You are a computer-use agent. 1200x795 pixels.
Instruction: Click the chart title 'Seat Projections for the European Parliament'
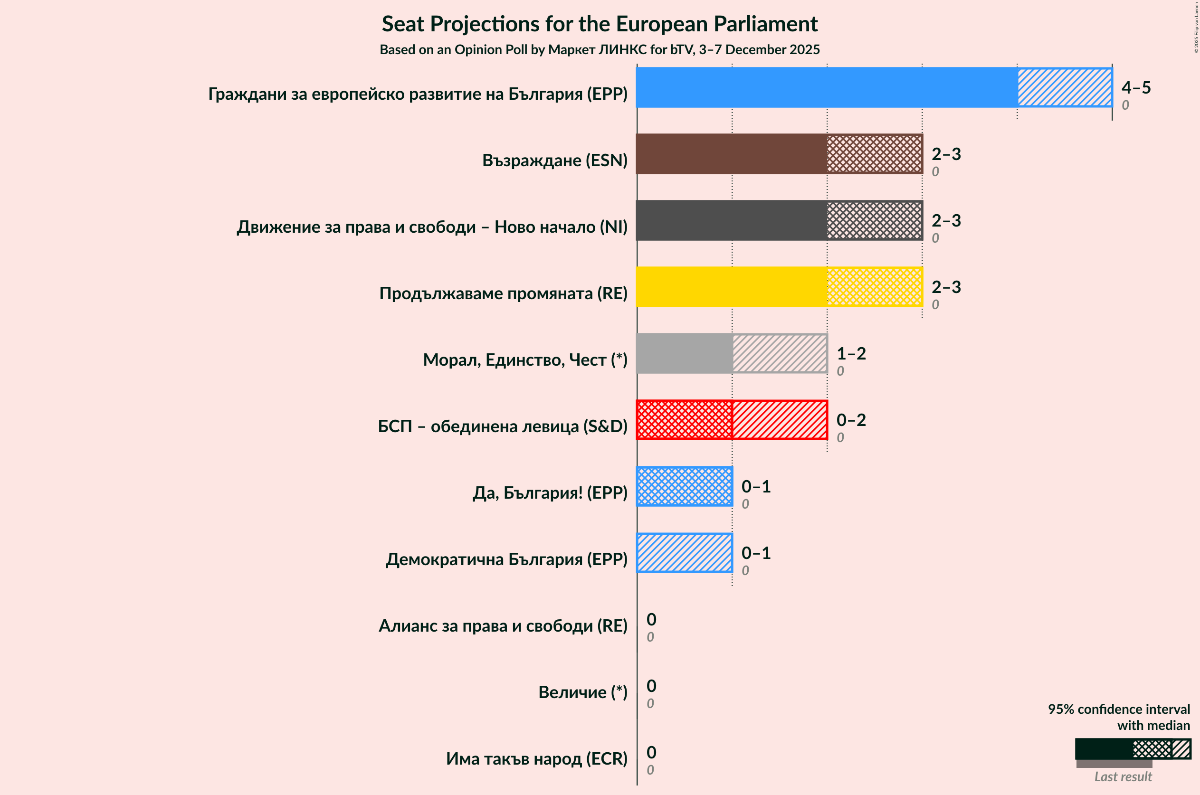pos(600,24)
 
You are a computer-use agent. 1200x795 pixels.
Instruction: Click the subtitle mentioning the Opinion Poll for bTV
pos(600,50)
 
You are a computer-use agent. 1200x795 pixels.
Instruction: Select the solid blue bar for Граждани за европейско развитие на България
pos(827,87)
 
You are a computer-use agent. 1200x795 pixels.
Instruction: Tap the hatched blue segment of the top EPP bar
pos(1065,87)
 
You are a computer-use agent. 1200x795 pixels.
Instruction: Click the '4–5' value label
pos(1135,88)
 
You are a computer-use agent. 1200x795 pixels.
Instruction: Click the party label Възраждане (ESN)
pos(554,160)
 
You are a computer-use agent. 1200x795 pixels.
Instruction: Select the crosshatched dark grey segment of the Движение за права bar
pos(875,220)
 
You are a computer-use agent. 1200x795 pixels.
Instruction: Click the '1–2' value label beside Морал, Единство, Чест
pos(851,353)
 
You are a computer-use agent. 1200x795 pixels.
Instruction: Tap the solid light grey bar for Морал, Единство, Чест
pos(684,353)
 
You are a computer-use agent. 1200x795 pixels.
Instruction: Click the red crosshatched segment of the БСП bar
pos(684,420)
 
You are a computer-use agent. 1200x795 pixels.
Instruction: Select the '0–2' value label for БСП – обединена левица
pos(851,420)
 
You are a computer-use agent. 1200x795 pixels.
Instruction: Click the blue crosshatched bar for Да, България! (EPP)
pos(684,486)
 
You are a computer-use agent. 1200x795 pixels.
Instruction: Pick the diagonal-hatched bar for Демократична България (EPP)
pos(684,553)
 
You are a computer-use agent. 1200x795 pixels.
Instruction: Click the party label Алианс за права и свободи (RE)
pos(503,625)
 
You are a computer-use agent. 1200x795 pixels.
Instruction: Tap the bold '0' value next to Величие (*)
pos(651,685)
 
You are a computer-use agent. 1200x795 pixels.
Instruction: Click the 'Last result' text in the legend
pos(1123,777)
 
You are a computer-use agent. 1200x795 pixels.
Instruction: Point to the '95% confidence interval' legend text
pos(1119,709)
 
